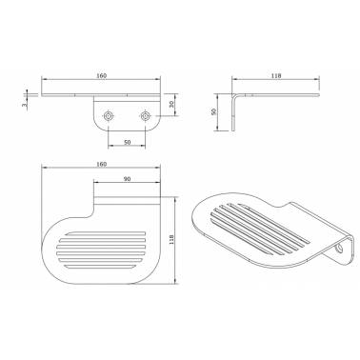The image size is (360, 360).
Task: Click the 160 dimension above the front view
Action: pos(102,75)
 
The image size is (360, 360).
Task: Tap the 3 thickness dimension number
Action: pos(24,104)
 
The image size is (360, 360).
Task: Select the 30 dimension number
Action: pos(171,105)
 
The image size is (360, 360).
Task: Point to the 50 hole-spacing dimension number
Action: pos(127,142)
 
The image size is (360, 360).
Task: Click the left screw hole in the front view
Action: pos(109,116)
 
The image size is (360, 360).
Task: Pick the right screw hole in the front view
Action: pos(145,116)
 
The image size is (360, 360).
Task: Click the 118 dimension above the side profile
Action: pos(276,75)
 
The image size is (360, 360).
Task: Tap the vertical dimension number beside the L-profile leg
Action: pos(213,111)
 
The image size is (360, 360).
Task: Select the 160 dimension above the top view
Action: pos(102,164)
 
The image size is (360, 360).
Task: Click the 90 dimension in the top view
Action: pos(127,179)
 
